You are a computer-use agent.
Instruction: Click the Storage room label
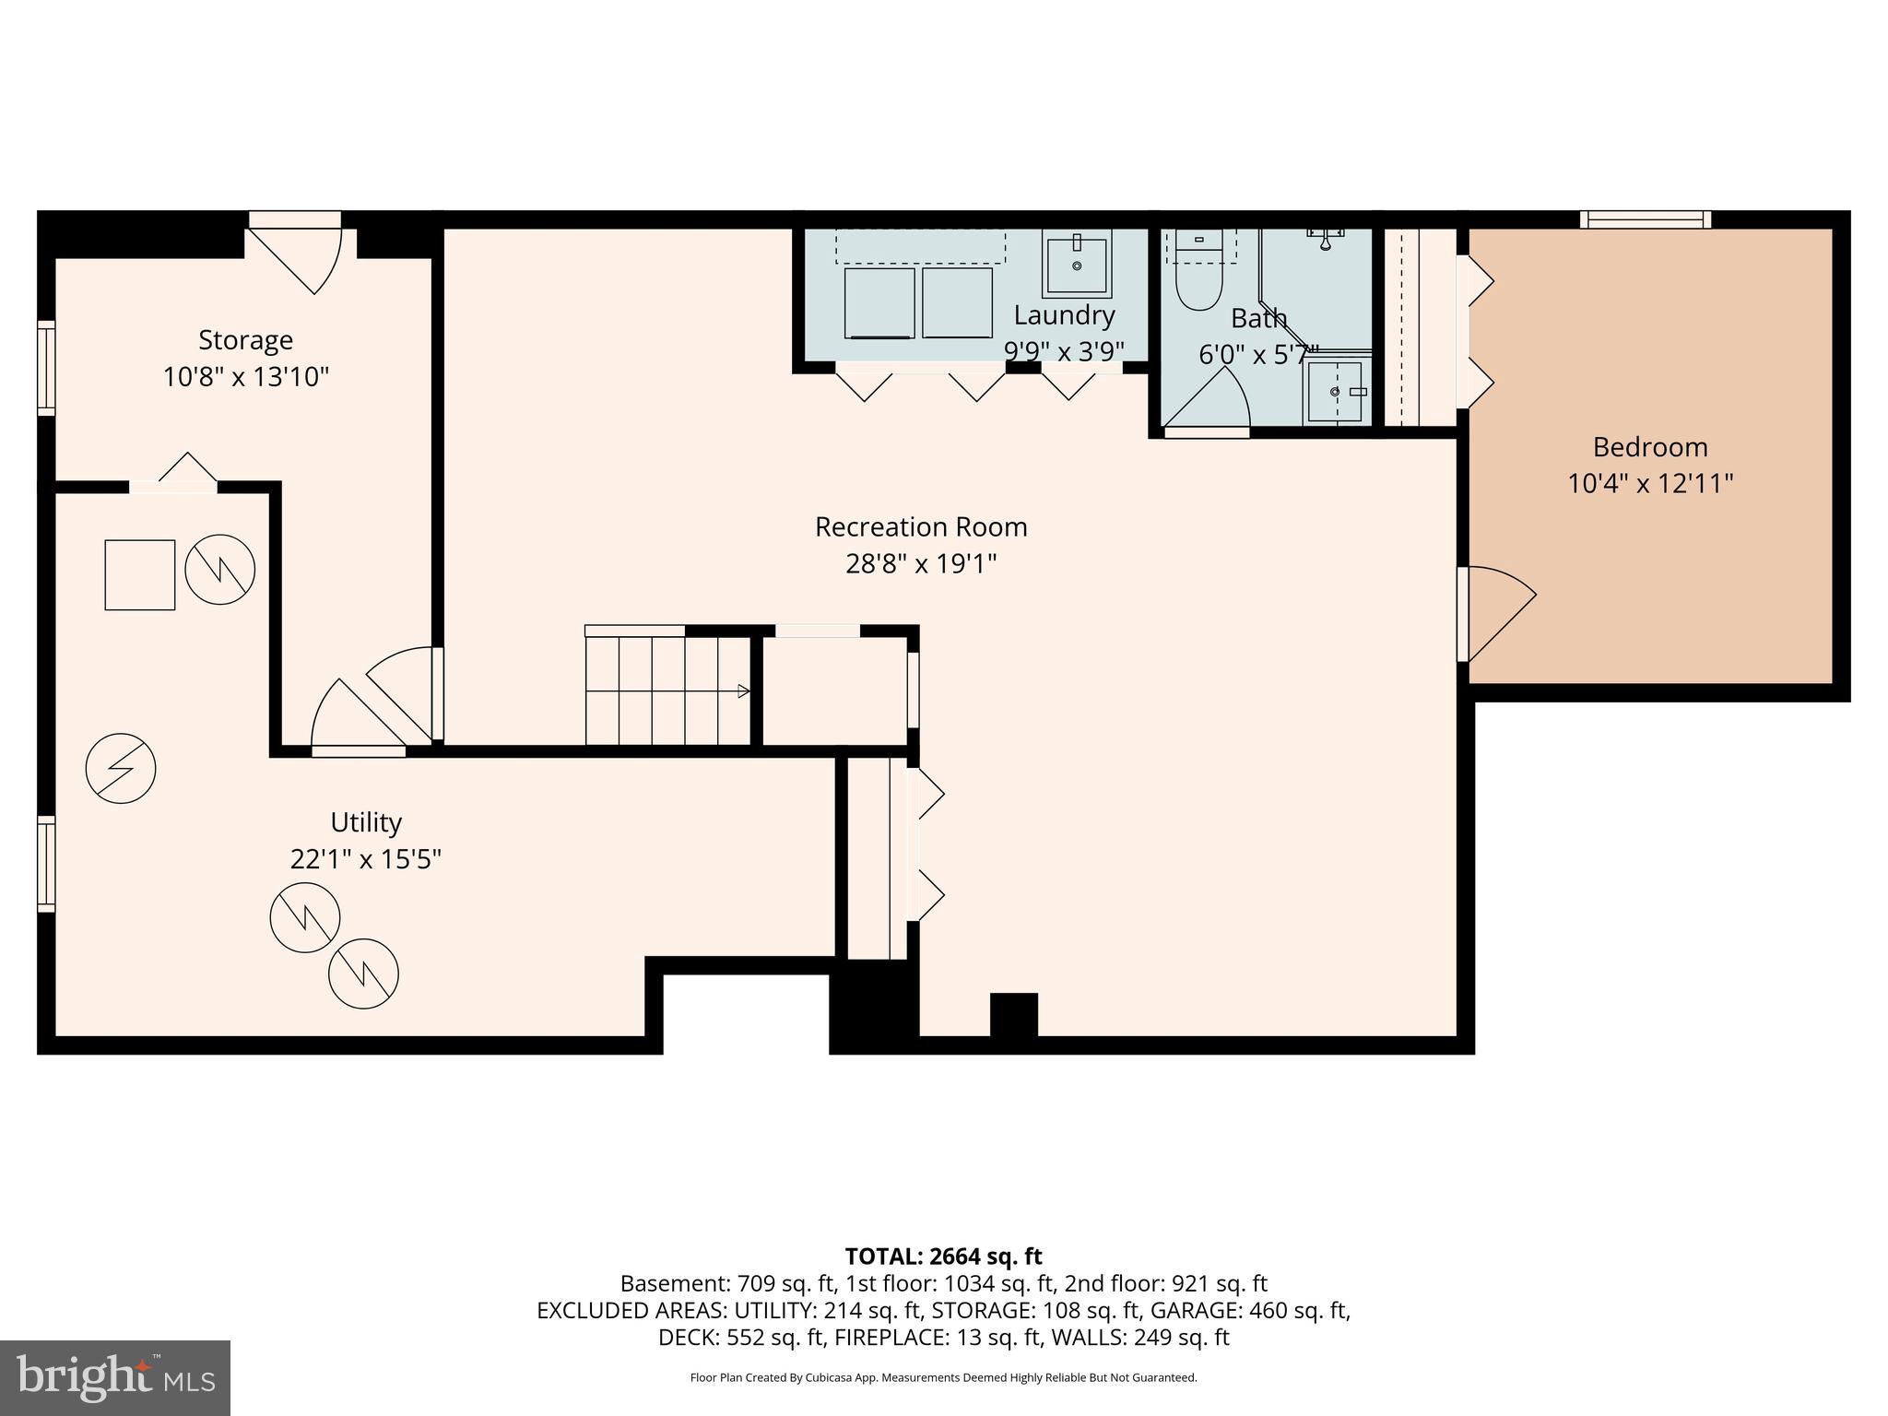245,340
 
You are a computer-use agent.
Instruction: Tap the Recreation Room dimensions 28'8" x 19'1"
920,563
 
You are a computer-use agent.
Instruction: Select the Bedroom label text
1649,447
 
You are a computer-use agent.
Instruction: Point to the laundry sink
1076,263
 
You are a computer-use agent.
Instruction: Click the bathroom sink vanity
1336,392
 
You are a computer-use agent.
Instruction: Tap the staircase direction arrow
742,691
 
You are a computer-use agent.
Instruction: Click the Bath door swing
1208,401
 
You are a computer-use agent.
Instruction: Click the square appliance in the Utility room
139,575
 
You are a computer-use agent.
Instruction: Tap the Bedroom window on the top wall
1645,219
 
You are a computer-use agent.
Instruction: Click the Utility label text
366,822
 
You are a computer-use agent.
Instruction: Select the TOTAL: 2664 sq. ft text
943,1257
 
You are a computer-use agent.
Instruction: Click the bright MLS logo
115,1378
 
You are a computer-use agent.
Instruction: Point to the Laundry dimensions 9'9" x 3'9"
1063,351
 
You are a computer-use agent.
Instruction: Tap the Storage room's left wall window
45,367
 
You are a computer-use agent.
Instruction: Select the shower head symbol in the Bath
1325,238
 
